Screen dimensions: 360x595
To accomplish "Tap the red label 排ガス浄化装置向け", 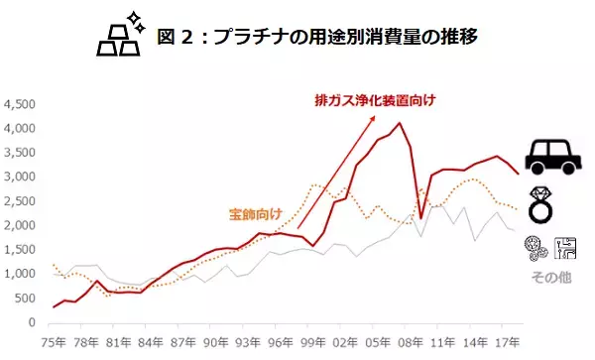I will coord(375,99).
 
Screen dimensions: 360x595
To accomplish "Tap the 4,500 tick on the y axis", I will coord(20,104).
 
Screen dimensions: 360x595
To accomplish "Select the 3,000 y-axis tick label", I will coord(20,177).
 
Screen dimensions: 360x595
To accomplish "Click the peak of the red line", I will coord(399,123).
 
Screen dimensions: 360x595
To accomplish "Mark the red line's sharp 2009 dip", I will coord(421,218).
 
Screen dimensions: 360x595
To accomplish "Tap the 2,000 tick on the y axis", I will coord(20,225).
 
